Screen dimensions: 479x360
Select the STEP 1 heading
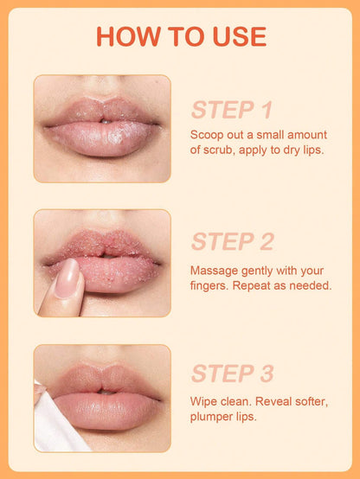pos(232,110)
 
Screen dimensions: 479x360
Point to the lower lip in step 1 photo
pos(102,141)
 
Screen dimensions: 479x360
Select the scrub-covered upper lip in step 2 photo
pos(102,247)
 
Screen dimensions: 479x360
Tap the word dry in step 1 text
pos(286,150)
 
